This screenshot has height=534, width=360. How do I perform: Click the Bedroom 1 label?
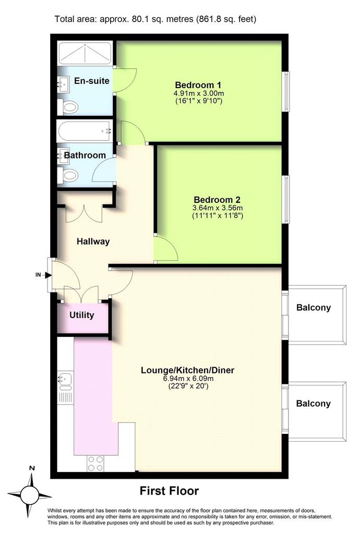198,85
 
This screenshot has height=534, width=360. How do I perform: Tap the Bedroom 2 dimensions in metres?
218,208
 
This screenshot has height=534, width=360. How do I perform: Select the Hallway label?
93,241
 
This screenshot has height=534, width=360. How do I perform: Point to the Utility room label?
82,315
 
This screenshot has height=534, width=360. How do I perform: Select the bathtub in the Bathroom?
85,131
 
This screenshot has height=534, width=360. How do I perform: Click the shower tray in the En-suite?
85,53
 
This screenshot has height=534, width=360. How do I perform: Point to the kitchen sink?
65,382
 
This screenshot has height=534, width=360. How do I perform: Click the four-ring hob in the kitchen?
95,463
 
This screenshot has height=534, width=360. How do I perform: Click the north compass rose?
30,494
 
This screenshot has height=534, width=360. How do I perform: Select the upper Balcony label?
314,308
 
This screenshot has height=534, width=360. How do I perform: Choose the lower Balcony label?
314,404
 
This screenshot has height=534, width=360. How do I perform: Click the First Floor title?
169,491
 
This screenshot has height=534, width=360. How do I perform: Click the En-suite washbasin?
63,84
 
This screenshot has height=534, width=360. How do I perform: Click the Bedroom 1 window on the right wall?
286,91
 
